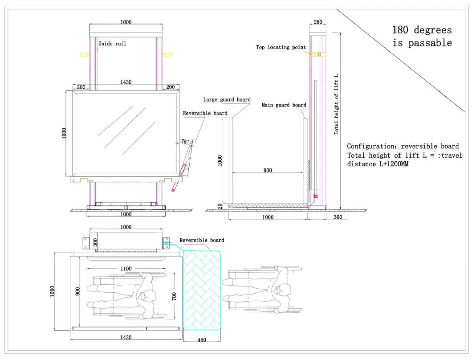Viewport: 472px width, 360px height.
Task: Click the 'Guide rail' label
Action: [x=112, y=44]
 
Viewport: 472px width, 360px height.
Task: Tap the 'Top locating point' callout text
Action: [x=281, y=47]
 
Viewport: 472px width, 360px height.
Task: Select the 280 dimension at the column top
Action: [x=317, y=22]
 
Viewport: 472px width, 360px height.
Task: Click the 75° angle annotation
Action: [x=185, y=142]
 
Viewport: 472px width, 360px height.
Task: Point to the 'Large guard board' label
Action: [x=227, y=100]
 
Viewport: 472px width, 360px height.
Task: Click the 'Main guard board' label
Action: [x=284, y=105]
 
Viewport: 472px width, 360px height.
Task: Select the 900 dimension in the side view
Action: [x=267, y=170]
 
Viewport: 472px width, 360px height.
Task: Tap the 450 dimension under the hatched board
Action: [x=202, y=340]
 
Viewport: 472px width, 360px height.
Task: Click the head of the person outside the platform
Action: [x=281, y=290]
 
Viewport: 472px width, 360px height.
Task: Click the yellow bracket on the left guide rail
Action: [x=84, y=54]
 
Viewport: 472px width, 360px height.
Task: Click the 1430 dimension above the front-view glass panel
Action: [x=126, y=82]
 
